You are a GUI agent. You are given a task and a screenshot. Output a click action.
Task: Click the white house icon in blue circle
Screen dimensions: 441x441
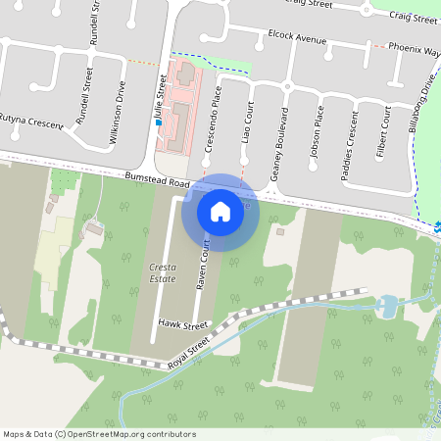point(220,212)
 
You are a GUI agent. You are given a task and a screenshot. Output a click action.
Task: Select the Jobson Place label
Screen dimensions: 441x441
point(317,137)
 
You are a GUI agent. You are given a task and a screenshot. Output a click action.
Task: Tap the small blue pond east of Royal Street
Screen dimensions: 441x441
point(386,307)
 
